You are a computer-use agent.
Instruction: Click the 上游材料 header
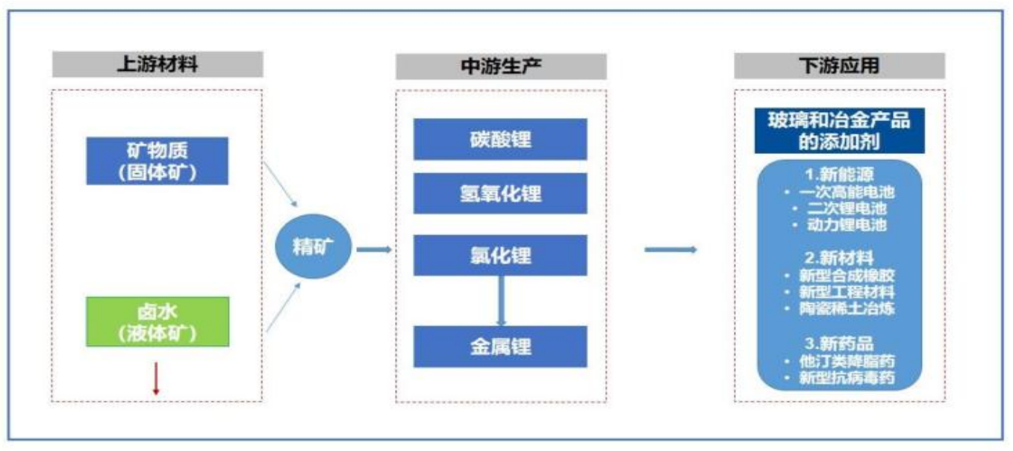tap(157, 64)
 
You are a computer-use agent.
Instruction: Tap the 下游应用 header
tap(838, 66)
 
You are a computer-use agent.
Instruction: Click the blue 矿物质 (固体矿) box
tap(157, 161)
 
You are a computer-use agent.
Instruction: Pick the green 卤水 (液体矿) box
tap(157, 321)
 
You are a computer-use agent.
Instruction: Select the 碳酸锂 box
tap(501, 139)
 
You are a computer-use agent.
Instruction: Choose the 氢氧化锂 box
tap(501, 194)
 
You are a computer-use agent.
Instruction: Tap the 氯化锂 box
tap(501, 255)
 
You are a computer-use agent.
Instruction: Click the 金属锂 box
tap(501, 346)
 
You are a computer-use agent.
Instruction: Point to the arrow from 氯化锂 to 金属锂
tap(502, 300)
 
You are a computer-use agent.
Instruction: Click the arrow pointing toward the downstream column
tap(670, 249)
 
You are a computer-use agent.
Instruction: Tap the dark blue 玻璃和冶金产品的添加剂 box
tap(840, 130)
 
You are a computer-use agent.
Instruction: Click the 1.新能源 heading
tap(840, 175)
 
